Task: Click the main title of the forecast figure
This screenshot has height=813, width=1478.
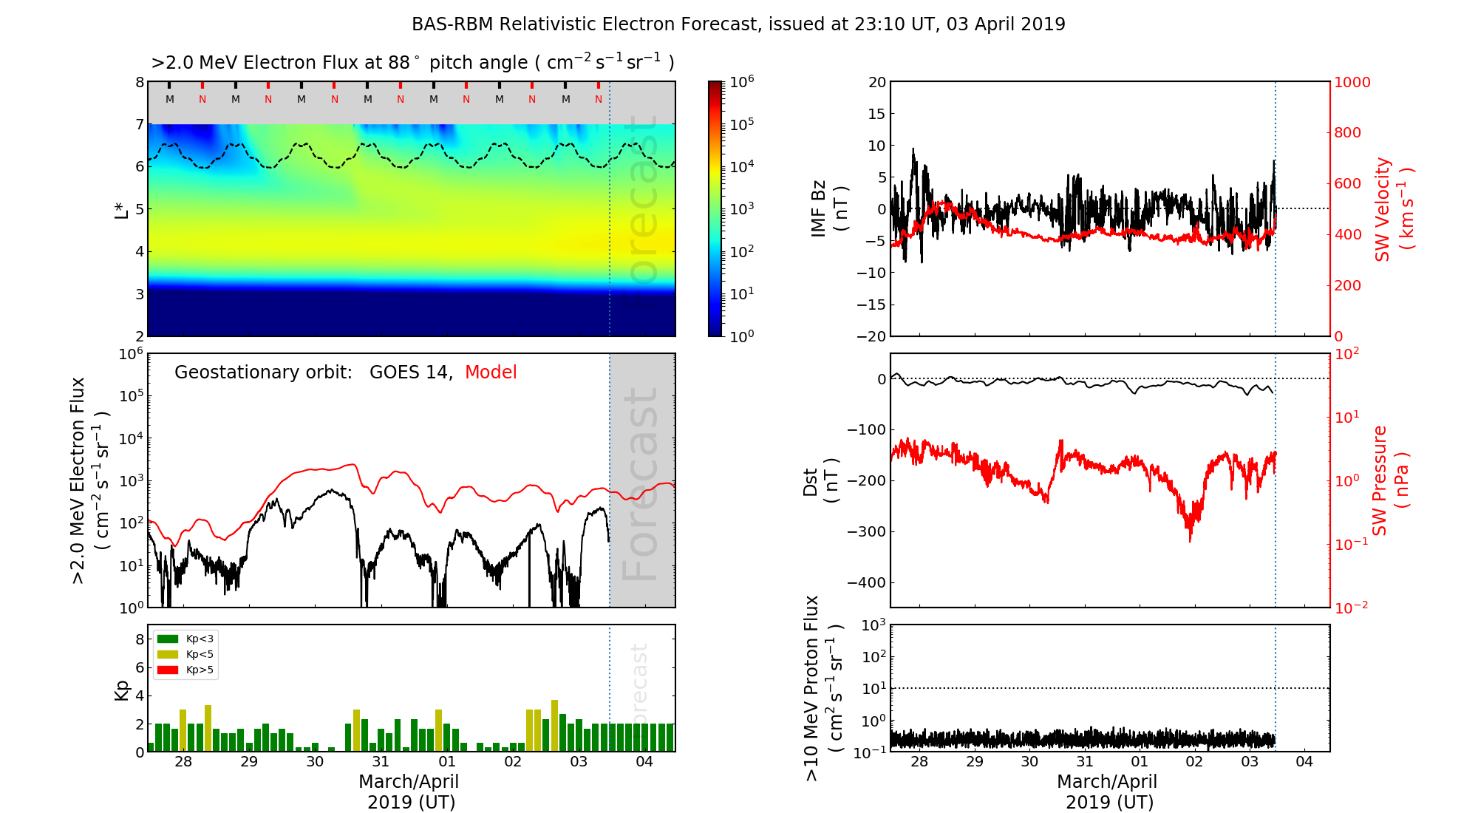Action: click(x=738, y=24)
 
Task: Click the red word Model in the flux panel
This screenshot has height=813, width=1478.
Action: click(x=491, y=373)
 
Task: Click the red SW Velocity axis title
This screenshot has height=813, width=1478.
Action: click(x=1393, y=209)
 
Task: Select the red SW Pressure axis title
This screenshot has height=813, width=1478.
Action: click(x=1390, y=480)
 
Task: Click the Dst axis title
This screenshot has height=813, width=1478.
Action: click(x=820, y=480)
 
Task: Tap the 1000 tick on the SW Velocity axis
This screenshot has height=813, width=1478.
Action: click(x=1352, y=82)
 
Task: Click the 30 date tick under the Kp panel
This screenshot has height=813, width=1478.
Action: click(x=315, y=762)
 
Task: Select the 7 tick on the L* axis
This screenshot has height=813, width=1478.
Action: click(x=139, y=124)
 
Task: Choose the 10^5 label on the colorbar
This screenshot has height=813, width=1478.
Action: click(x=742, y=124)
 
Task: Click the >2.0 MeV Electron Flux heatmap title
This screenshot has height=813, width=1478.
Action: click(x=412, y=63)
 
